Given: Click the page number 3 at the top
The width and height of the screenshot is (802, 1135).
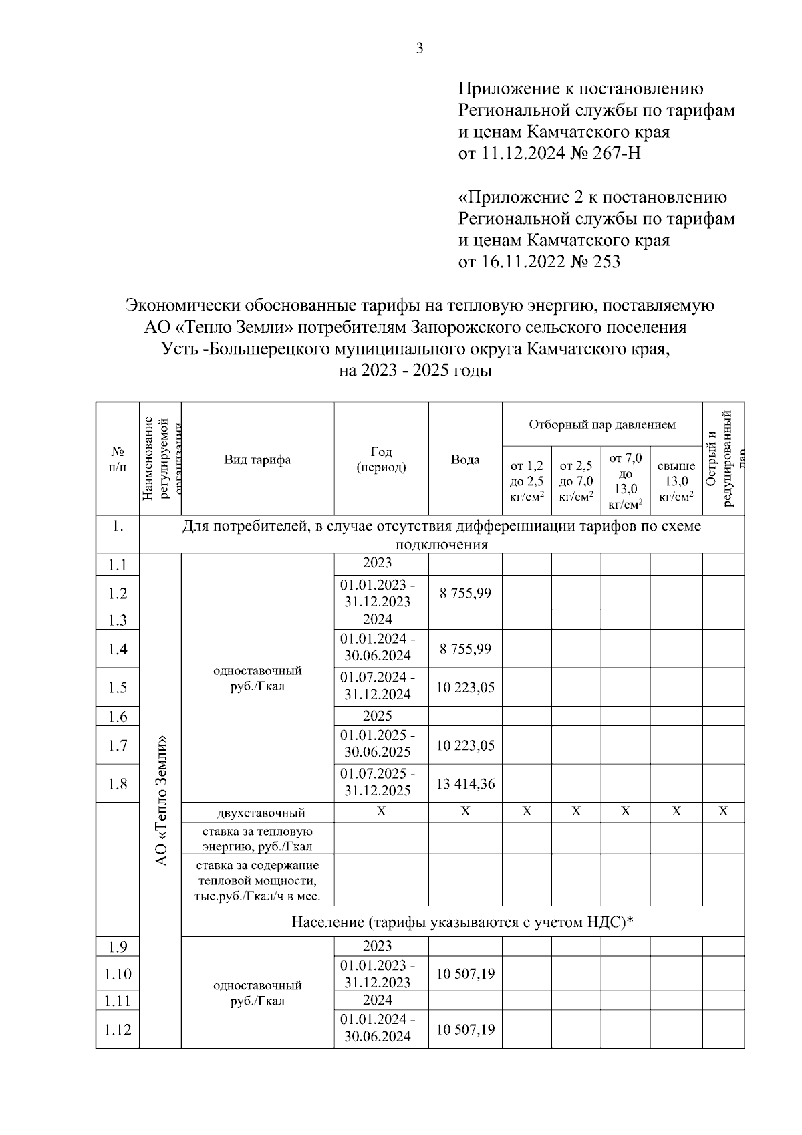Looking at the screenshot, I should tap(420, 48).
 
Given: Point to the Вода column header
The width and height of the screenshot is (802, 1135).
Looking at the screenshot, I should tap(464, 459).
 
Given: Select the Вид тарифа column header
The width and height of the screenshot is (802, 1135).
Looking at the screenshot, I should tap(257, 459).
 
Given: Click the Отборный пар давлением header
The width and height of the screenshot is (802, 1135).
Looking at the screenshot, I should tap(601, 424).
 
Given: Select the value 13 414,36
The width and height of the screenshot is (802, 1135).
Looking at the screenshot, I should tap(465, 783).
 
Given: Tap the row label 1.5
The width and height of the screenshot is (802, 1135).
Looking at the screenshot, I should tap(118, 688).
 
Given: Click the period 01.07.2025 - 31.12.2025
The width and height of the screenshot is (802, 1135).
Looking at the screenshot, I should tap(378, 782).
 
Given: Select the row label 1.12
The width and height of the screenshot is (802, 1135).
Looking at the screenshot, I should tap(118, 1029).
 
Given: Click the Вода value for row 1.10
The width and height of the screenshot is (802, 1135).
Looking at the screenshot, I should tap(465, 974).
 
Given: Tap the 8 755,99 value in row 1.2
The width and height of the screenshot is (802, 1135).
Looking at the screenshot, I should tap(465, 593).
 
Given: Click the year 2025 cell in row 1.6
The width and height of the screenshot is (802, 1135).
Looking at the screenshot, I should tap(378, 716).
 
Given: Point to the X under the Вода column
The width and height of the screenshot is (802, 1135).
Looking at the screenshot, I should tap(465, 811).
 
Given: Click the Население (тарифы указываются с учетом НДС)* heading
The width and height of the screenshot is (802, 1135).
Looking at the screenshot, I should tap(462, 922).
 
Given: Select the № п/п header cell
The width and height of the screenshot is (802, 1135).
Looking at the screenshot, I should tap(118, 459).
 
